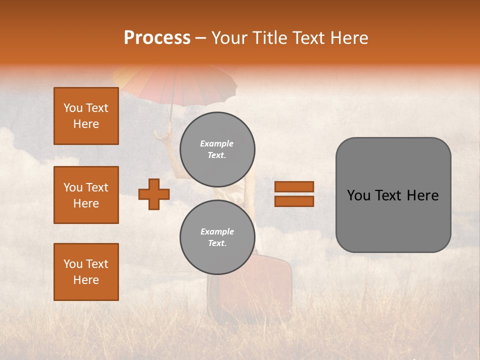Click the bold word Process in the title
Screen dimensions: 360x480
[x=157, y=37]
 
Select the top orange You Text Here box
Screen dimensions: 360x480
[x=86, y=116]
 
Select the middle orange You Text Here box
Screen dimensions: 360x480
[x=86, y=195]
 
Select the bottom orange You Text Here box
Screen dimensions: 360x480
[x=86, y=272]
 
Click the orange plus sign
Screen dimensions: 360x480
[x=154, y=194]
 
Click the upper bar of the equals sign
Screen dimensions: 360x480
[x=294, y=187]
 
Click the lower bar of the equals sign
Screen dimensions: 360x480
[x=294, y=201]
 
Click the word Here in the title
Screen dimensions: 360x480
[x=349, y=37]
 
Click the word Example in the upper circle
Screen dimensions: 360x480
[x=217, y=143]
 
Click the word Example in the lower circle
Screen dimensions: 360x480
[x=217, y=231]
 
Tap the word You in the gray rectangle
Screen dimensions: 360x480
[x=358, y=195]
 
